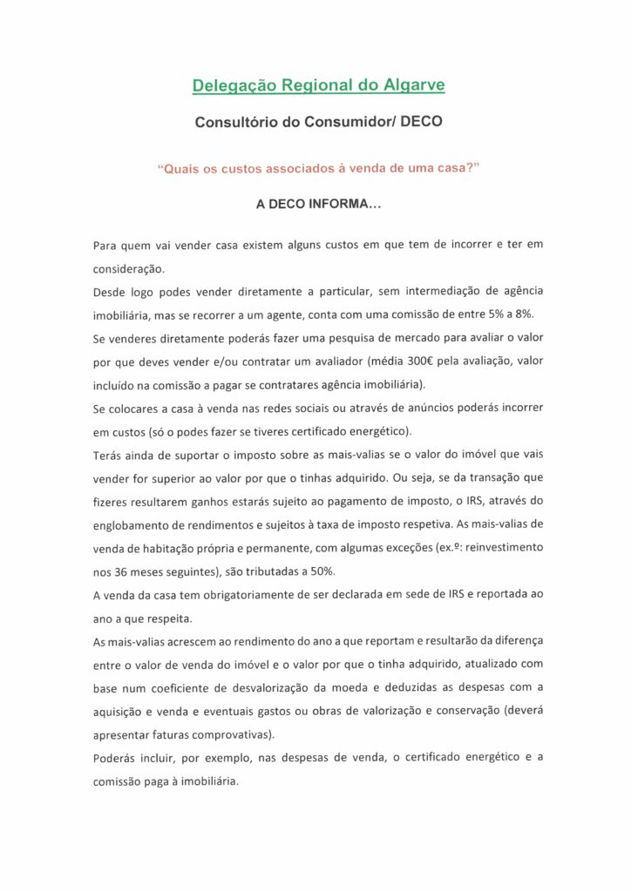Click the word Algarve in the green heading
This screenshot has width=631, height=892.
[x=411, y=85]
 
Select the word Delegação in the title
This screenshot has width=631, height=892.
[x=229, y=85]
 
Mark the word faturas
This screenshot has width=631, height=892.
[x=183, y=734]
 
